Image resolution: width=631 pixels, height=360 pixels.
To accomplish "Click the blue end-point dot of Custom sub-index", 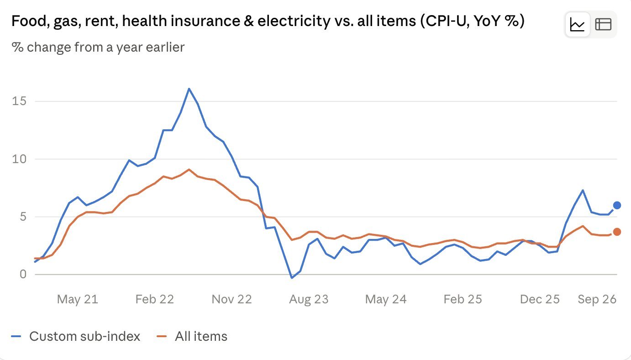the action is tap(617, 205).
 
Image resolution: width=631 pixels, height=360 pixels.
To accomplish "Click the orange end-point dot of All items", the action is tap(617, 232).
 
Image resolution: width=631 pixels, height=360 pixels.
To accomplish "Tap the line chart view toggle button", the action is tap(578, 25).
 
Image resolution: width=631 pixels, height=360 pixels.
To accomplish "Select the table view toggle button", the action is tap(603, 25).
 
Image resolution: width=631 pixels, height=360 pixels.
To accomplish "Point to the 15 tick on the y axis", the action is tap(19, 101).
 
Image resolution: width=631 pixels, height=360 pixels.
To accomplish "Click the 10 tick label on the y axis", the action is tap(19, 159).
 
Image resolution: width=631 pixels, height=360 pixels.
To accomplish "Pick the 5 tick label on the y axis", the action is tap(23, 217).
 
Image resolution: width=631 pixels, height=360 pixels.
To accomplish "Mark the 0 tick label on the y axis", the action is tap(23, 274).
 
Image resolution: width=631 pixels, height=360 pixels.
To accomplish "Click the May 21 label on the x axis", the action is tap(78, 299).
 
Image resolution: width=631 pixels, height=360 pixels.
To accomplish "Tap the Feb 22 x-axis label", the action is tap(155, 299).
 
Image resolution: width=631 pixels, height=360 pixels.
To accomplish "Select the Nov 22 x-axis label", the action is tap(231, 299).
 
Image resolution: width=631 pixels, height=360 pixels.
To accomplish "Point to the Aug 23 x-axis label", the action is tap(309, 299).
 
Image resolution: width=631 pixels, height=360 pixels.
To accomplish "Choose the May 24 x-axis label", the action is tap(386, 299).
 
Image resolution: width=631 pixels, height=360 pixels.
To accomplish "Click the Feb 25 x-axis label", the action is tap(463, 299).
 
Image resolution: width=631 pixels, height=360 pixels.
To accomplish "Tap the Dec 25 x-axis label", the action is tap(540, 299).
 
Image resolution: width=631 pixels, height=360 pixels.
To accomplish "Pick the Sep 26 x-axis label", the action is tap(597, 299).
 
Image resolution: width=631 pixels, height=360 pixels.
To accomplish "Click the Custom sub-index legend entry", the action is tap(75, 336).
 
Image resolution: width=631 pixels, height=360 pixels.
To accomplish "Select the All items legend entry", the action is tap(192, 336).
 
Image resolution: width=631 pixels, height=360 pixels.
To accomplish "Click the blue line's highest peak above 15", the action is tap(189, 89).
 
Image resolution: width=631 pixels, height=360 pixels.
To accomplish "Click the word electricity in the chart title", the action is tap(294, 21).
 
